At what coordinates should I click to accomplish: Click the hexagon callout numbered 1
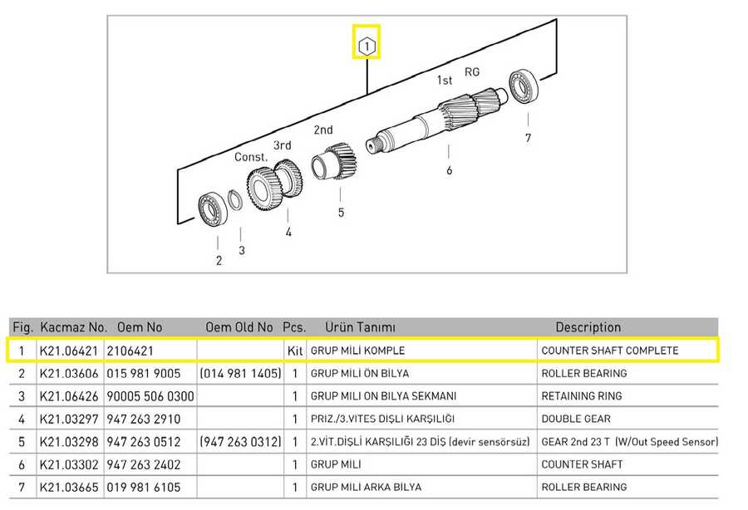pyautogui.click(x=367, y=47)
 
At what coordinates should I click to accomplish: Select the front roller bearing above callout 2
pyautogui.click(x=212, y=209)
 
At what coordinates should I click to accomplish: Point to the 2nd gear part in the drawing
pyautogui.click(x=334, y=160)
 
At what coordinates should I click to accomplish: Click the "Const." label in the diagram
pyautogui.click(x=251, y=157)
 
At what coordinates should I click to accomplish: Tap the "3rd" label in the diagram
pyautogui.click(x=282, y=145)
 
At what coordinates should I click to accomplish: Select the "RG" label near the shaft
pyautogui.click(x=472, y=72)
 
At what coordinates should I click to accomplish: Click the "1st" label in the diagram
pyautogui.click(x=444, y=80)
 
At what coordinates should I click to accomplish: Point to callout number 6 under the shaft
pyautogui.click(x=449, y=170)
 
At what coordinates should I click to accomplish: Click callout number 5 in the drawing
pyautogui.click(x=341, y=212)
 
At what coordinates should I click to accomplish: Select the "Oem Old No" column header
pyautogui.click(x=239, y=327)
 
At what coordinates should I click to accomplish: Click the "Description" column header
pyautogui.click(x=588, y=327)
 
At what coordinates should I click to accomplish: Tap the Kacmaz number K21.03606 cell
pyautogui.click(x=69, y=373)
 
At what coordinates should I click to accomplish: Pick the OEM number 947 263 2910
pyautogui.click(x=144, y=419)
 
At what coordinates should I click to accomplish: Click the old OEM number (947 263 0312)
pyautogui.click(x=240, y=442)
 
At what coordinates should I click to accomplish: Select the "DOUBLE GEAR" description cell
pyautogui.click(x=576, y=419)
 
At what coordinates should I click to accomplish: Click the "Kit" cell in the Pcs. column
pyautogui.click(x=295, y=351)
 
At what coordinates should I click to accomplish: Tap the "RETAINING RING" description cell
pyautogui.click(x=582, y=396)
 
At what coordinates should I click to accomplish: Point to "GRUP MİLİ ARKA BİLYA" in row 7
pyautogui.click(x=366, y=487)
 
